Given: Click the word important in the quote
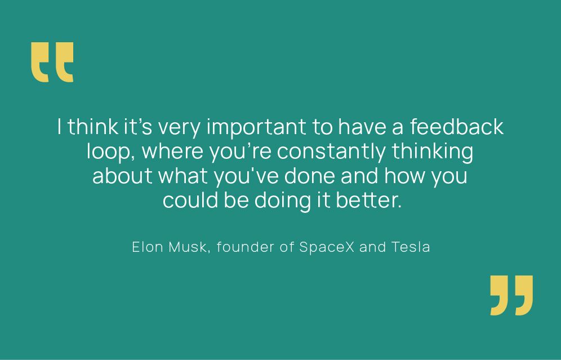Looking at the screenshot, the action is click(x=256, y=127).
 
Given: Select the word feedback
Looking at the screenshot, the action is click(x=457, y=126).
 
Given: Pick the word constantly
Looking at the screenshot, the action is click(x=331, y=152).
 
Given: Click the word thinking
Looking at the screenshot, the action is click(x=433, y=152).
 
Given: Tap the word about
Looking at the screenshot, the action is click(x=122, y=175).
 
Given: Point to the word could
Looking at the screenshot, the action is click(x=190, y=199).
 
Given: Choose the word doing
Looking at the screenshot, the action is click(x=283, y=201).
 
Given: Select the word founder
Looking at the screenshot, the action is click(x=246, y=247).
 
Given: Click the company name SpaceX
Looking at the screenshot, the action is click(x=327, y=247).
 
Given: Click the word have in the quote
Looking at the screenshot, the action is click(x=362, y=126).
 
